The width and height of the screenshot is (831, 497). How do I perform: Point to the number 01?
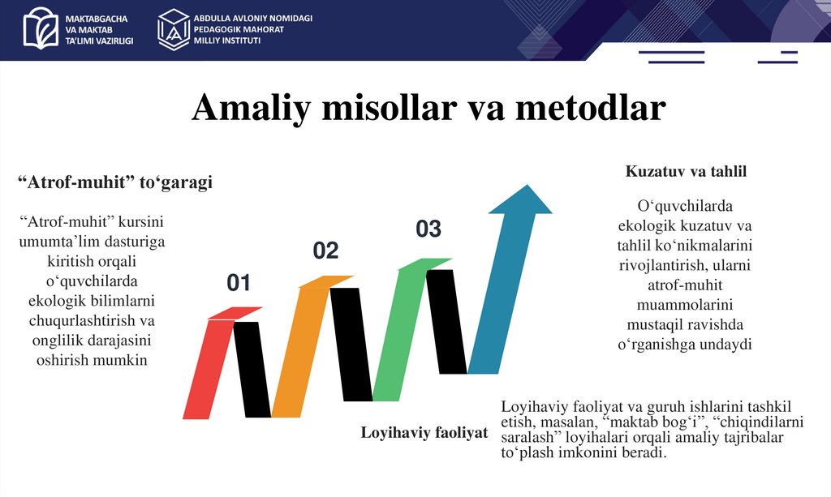click(239, 283)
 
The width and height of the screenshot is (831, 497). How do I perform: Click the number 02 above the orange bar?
click(325, 251)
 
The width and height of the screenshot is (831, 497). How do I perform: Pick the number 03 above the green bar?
click(428, 229)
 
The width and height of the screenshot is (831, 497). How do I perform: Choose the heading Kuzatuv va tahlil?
click(686, 172)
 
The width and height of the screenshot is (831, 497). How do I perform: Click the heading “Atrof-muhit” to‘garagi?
click(115, 183)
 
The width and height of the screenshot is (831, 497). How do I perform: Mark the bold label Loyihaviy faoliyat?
click(424, 433)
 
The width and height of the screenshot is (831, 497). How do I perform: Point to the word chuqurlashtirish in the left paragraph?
click(81, 321)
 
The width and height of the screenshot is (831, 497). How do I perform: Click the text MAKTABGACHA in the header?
click(99, 18)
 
